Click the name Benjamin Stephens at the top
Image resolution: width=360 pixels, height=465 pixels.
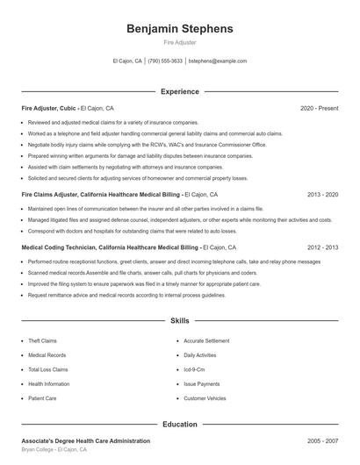pyautogui.click(x=179, y=29)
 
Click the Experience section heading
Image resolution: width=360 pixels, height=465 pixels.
pyautogui.click(x=179, y=91)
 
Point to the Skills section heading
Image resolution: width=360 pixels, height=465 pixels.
pyautogui.click(x=179, y=322)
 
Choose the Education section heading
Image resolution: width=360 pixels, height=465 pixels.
pyautogui.click(x=179, y=424)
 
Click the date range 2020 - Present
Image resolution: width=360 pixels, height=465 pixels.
pyautogui.click(x=319, y=108)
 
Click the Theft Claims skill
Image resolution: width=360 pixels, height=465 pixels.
pyautogui.click(x=42, y=340)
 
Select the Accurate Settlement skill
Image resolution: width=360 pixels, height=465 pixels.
pyautogui.click(x=207, y=340)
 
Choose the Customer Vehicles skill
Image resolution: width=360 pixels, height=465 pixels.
pyautogui.click(x=204, y=398)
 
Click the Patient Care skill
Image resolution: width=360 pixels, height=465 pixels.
pyautogui.click(x=42, y=398)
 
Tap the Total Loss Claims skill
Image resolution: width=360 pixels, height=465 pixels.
pyautogui.click(x=47, y=369)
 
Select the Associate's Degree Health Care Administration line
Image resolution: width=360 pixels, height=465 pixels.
pyautogui.click(x=85, y=440)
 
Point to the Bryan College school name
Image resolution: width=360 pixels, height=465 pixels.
pyautogui.click(x=40, y=449)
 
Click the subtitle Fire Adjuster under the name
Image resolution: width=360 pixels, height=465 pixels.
pyautogui.click(x=179, y=42)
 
